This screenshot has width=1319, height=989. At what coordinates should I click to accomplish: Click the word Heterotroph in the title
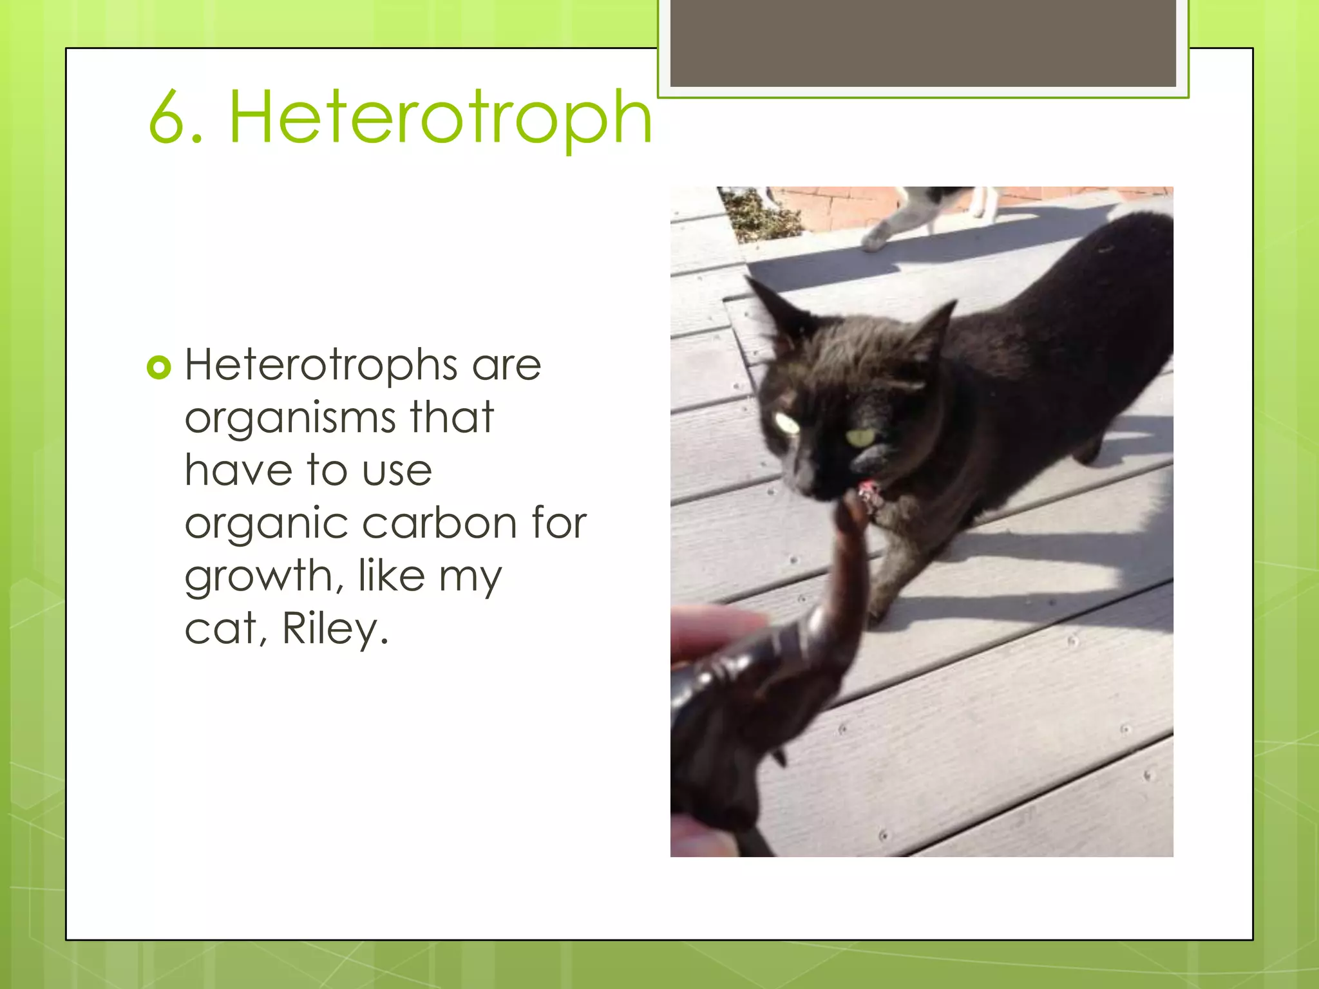[x=441, y=118]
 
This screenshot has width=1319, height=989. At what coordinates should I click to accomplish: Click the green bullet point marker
[x=159, y=368]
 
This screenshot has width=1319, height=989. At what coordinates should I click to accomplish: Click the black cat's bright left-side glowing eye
[x=786, y=423]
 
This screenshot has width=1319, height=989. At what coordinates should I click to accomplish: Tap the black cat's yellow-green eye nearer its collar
[x=860, y=438]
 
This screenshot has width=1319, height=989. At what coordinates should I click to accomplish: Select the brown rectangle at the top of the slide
[x=923, y=43]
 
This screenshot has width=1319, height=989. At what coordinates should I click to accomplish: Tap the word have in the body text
[x=238, y=470]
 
